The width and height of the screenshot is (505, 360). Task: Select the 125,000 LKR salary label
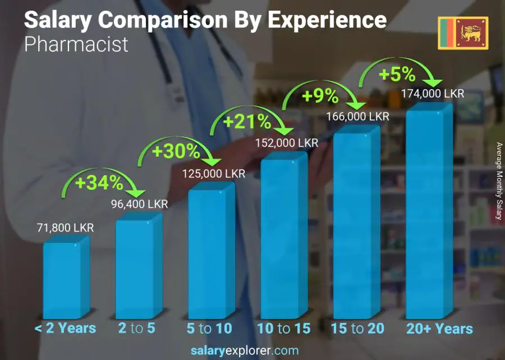coord(213,174)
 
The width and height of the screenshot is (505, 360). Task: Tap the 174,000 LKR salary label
coord(433,94)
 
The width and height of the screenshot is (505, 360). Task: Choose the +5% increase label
coord(396,74)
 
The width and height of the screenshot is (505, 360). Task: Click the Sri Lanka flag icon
coord(463,33)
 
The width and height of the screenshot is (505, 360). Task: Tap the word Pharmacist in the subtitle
coord(76,44)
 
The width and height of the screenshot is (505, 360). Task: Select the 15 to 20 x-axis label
coord(357,329)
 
